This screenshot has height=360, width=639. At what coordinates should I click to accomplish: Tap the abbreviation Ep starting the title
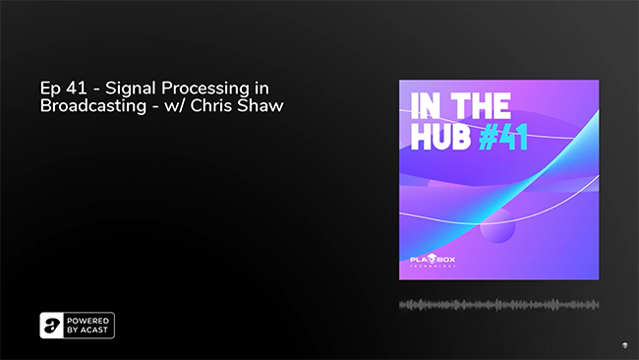coord(48,88)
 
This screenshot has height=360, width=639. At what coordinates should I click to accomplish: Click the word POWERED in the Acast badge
coord(89,321)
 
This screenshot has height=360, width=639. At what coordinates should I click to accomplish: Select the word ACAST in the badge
coord(96,331)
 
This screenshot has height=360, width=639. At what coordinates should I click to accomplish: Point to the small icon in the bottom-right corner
coord(624,345)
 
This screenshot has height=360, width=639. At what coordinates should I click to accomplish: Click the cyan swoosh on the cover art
coord(551,167)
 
